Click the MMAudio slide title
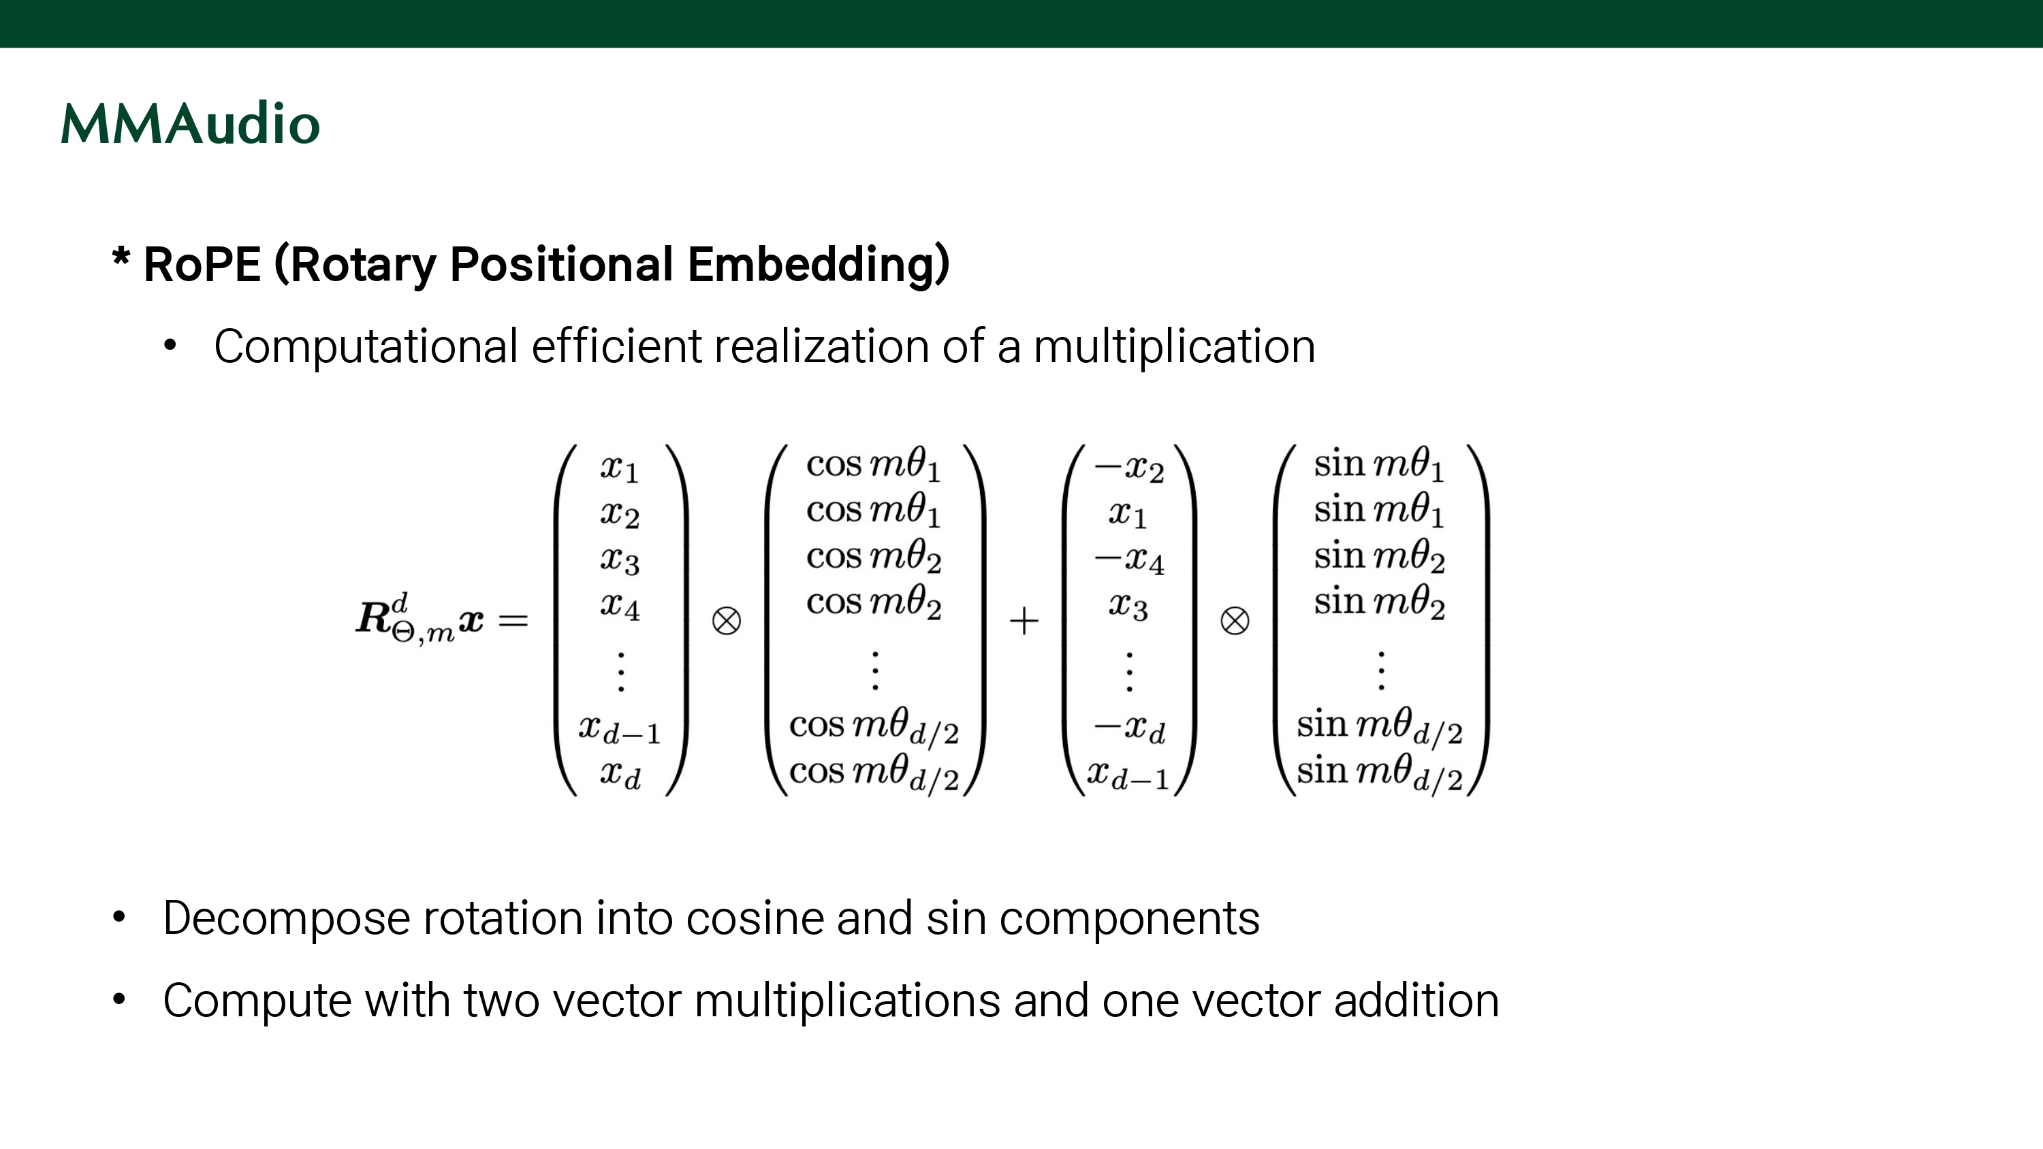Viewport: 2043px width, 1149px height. pyautogui.click(x=191, y=125)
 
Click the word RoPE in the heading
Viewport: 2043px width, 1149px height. pyautogui.click(x=202, y=264)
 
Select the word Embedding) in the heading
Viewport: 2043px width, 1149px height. pyautogui.click(x=818, y=264)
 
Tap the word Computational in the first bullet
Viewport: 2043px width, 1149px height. pyautogui.click(x=366, y=346)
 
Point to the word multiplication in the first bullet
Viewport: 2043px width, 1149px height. pyautogui.click(x=1174, y=346)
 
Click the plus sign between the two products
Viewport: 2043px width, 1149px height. pyautogui.click(x=1024, y=620)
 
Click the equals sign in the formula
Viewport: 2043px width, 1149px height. pyautogui.click(x=513, y=620)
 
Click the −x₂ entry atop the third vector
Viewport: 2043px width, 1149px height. pyautogui.click(x=1128, y=468)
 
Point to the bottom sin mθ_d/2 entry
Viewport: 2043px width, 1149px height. pyautogui.click(x=1379, y=773)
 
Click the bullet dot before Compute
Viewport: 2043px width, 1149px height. pyautogui.click(x=119, y=999)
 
